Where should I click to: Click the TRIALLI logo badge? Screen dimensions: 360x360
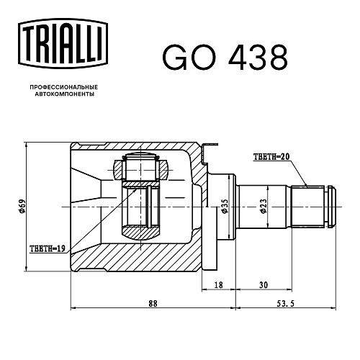tap(63, 43)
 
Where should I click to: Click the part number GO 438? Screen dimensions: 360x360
tap(225, 58)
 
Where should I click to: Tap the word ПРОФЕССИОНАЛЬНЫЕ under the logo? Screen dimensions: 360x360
tap(64, 87)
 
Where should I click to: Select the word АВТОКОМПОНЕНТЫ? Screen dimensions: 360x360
tap(65, 94)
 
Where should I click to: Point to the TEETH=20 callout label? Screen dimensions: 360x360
tap(271, 157)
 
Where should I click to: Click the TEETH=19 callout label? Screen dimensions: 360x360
tap(48, 248)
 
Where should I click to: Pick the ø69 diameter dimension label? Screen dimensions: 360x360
tap(22, 206)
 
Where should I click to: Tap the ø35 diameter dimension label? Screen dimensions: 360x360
tap(225, 206)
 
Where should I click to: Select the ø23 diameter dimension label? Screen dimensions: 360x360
tap(263, 206)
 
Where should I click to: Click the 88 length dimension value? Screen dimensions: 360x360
tap(153, 304)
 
